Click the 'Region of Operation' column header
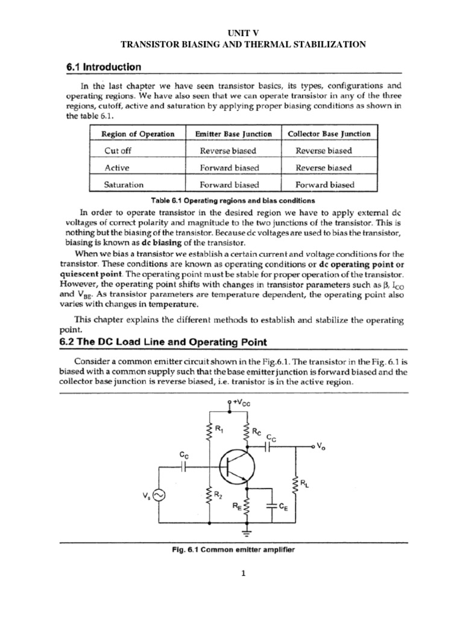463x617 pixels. [137, 134]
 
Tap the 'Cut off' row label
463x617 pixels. [110, 151]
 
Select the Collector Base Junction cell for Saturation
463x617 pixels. [325, 185]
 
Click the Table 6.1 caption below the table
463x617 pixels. [231, 200]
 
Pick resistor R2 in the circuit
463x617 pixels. [210, 495]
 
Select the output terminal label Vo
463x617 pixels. [321, 447]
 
